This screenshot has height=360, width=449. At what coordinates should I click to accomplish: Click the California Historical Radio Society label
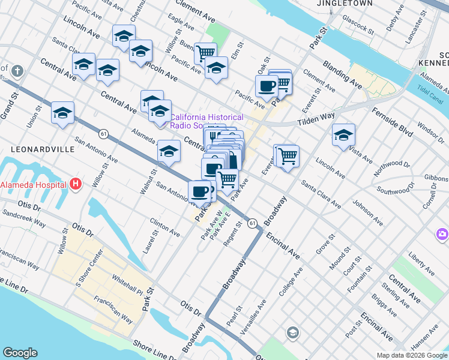207,121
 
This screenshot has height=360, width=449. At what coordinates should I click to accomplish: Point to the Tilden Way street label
316,119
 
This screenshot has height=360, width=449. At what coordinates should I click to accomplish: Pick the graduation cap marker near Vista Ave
343,135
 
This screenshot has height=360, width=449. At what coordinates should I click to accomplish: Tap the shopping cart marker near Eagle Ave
205,53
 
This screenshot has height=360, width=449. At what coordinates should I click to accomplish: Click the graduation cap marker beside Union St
63,113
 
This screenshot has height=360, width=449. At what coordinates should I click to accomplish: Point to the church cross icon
17,71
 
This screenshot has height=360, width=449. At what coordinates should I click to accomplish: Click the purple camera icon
442,233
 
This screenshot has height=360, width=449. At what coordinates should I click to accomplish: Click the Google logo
20,353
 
